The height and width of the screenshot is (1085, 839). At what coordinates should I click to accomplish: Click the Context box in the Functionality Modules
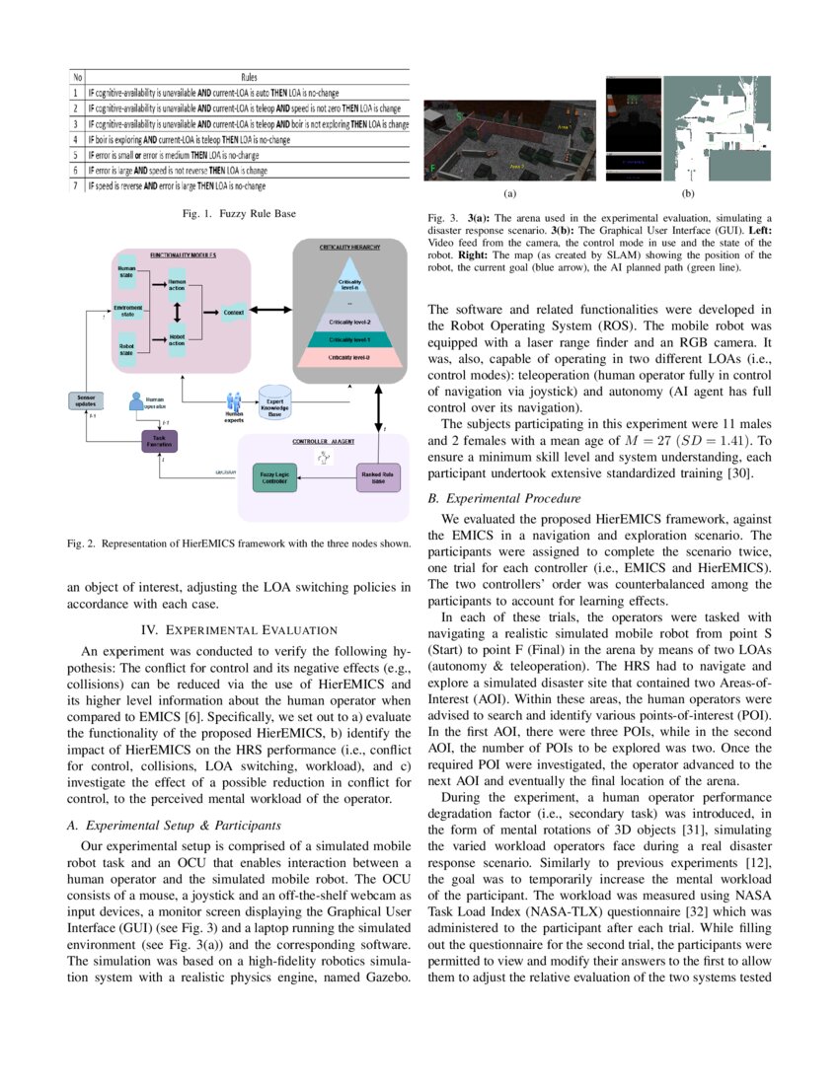click(233, 313)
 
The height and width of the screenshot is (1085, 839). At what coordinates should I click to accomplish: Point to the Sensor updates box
click(86, 399)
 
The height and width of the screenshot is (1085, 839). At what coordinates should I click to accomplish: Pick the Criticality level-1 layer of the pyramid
click(350, 338)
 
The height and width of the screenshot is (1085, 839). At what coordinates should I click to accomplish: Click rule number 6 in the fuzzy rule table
click(75, 170)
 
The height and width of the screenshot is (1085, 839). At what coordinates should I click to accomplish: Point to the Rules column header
click(250, 76)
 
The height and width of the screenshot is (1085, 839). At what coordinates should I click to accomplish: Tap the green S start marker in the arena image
click(460, 115)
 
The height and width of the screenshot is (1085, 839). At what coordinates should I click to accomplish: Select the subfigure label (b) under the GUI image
click(688, 195)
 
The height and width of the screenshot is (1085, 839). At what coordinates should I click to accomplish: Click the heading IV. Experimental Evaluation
click(238, 629)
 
